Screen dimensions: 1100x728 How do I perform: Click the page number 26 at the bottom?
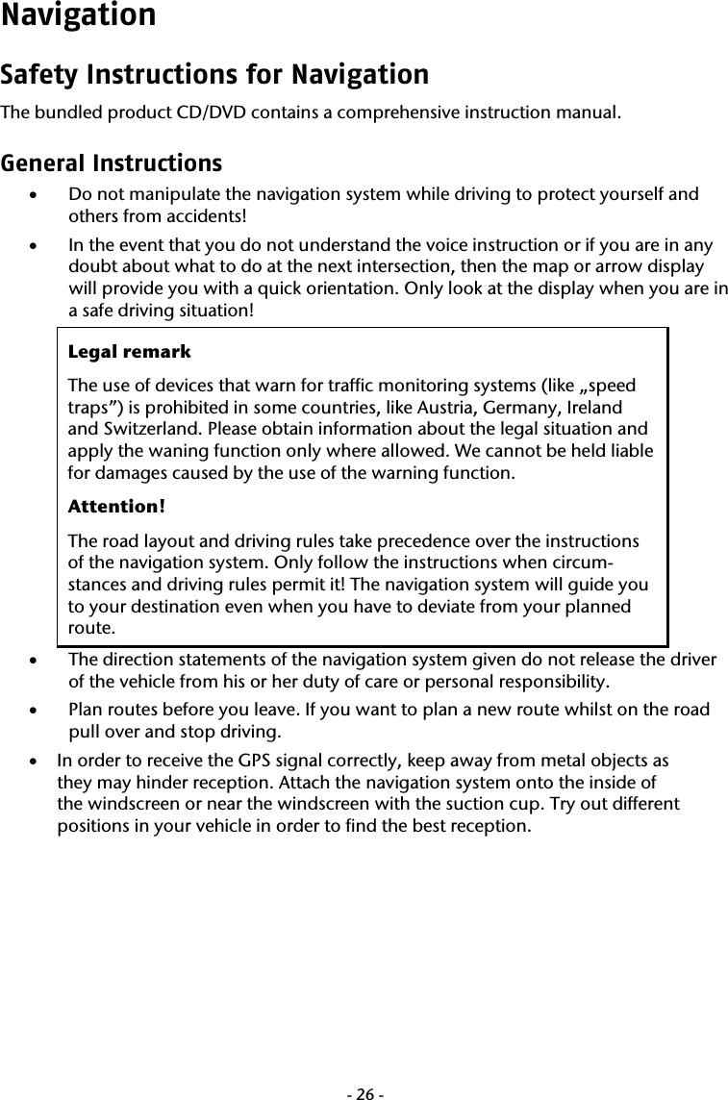(x=364, y=1068)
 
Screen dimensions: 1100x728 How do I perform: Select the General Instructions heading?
(x=111, y=162)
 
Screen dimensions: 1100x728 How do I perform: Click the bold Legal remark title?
(x=129, y=352)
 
